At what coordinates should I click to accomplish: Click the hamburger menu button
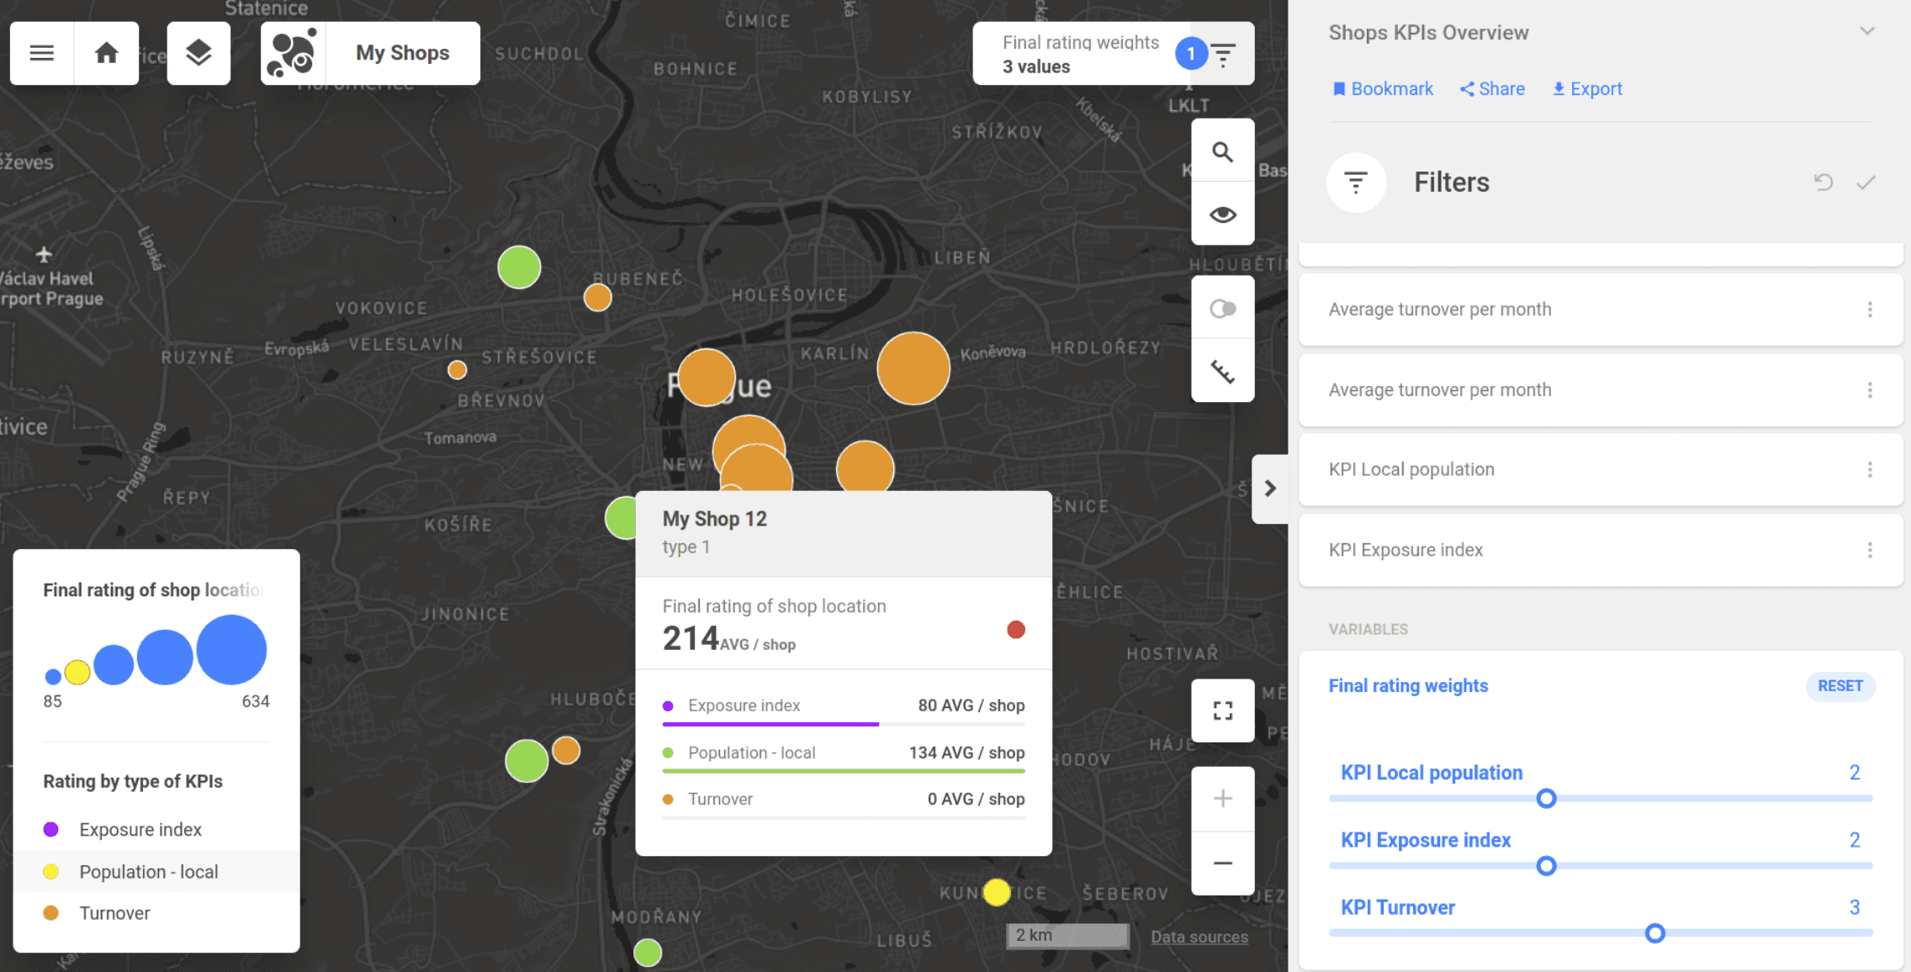(x=42, y=53)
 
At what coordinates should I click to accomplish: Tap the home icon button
(x=106, y=53)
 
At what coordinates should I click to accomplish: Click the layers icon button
(x=199, y=53)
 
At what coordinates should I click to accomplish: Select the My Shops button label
(x=402, y=53)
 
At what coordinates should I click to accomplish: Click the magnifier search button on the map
(x=1222, y=151)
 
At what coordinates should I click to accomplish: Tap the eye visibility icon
(x=1222, y=214)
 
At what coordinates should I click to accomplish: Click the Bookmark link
(x=1383, y=89)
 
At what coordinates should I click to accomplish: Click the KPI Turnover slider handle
(x=1654, y=933)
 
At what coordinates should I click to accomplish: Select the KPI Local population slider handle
(x=1546, y=799)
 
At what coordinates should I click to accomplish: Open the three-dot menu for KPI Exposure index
(x=1870, y=550)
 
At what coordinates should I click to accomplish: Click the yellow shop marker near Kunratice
(x=997, y=892)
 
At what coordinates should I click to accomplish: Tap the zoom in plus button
(x=1222, y=799)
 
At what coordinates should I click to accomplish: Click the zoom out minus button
(x=1222, y=864)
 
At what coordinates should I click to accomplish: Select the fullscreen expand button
(x=1222, y=711)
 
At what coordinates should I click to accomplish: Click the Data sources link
(x=1199, y=937)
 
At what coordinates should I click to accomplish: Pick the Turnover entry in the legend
(x=114, y=913)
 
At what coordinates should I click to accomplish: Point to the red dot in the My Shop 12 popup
(x=1016, y=630)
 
